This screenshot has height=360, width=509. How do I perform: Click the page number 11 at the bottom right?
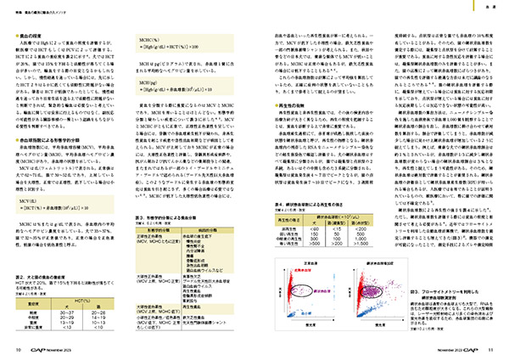tap(491, 349)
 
